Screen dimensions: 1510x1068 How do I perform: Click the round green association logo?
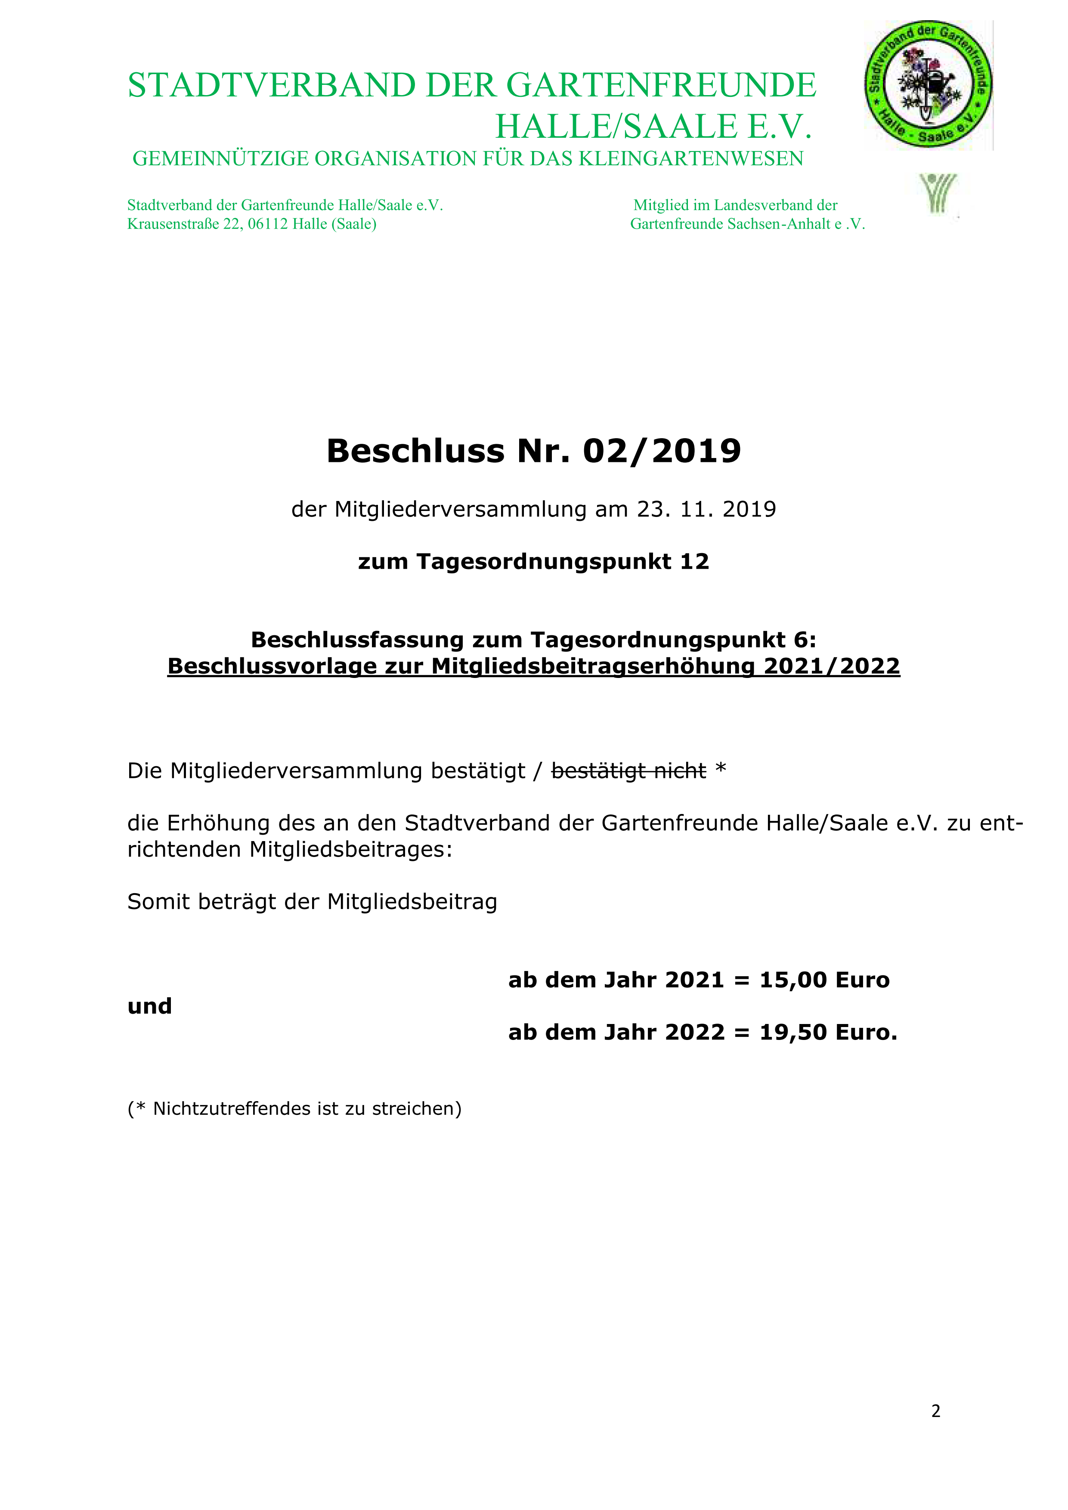(x=928, y=84)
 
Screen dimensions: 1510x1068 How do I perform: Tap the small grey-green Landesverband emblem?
(x=938, y=193)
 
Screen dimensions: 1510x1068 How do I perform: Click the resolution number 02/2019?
(x=662, y=451)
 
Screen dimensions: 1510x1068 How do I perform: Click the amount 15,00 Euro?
(x=824, y=980)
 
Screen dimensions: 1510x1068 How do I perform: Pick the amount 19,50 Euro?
(x=827, y=1033)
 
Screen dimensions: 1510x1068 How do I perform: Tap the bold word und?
(x=149, y=1006)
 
